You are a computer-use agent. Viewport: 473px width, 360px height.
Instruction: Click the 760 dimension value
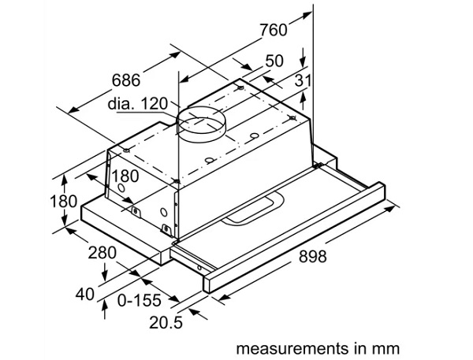274,30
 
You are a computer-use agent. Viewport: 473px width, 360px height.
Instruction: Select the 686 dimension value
126,80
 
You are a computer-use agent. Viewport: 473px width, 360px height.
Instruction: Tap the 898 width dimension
312,256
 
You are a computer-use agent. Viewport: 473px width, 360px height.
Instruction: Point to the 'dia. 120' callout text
137,103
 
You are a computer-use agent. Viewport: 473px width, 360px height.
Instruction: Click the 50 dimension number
274,61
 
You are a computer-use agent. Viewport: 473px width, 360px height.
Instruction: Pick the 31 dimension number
303,80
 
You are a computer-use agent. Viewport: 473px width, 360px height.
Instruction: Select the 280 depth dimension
102,253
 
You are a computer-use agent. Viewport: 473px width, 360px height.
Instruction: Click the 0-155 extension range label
139,300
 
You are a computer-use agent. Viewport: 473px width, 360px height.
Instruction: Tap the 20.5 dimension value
166,322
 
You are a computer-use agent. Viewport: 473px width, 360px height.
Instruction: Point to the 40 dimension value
85,294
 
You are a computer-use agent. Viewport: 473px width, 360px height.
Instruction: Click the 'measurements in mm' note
318,348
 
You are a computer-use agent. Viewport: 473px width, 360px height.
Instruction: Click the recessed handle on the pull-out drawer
253,210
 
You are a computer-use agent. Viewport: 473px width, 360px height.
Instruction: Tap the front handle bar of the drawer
294,237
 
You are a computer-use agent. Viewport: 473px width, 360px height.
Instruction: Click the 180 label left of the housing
63,201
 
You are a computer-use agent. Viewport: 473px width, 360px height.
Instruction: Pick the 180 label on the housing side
125,176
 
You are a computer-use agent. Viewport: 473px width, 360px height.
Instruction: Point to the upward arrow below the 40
105,309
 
